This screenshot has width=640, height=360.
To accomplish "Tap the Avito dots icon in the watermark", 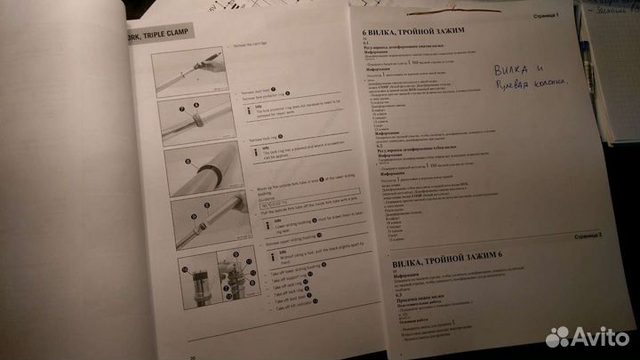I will click(x=558, y=337).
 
